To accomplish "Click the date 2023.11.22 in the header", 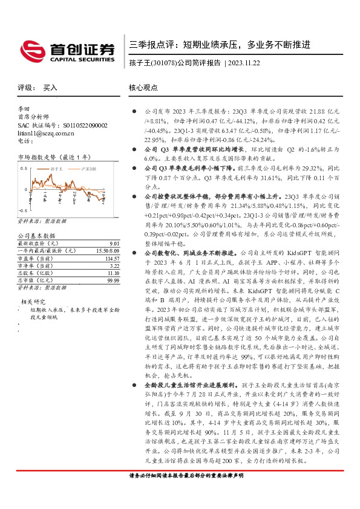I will pyautogui.click(x=244, y=63).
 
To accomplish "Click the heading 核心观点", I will pyautogui.click(x=142, y=88).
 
